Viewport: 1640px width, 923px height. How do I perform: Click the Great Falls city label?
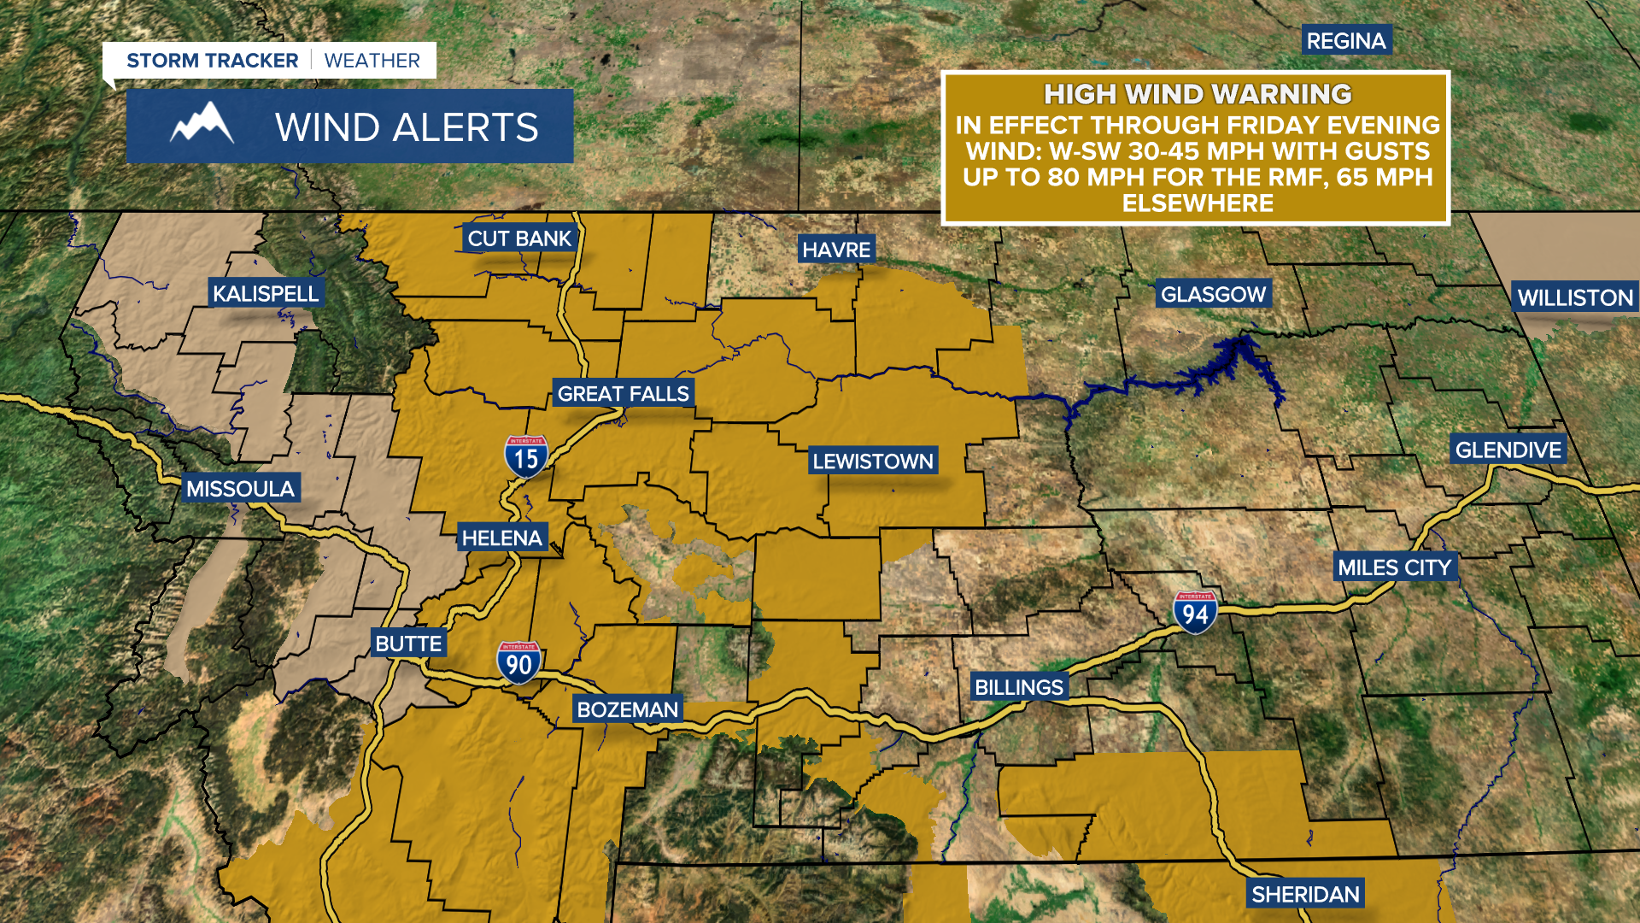coord(623,393)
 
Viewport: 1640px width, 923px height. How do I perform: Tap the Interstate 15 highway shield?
coord(525,457)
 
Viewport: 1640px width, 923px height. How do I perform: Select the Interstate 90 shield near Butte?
coord(518,663)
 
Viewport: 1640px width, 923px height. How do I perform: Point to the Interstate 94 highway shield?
coord(1195,613)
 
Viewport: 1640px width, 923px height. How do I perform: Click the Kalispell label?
coord(265,293)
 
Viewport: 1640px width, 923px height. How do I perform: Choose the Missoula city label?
coord(240,488)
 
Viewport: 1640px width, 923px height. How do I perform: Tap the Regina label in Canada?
coord(1346,40)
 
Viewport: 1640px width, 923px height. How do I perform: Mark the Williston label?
coord(1575,297)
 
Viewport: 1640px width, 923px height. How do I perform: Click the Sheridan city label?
coord(1305,894)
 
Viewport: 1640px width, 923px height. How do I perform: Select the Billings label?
coord(1018,687)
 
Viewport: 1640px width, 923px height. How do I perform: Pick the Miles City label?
coord(1394,567)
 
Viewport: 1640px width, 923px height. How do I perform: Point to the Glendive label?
coord(1508,450)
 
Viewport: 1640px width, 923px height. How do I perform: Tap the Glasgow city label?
coord(1213,294)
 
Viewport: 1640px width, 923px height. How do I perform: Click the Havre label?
coord(836,250)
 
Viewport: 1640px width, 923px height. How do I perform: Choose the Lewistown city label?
coord(872,461)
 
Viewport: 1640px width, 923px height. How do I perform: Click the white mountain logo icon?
coord(202,124)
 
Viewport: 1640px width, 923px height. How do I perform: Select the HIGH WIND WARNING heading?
coord(1198,93)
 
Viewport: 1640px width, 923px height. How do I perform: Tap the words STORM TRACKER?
coord(212,61)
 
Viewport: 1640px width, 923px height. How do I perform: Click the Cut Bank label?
coord(518,238)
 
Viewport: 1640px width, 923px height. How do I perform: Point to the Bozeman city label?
coord(627,709)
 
